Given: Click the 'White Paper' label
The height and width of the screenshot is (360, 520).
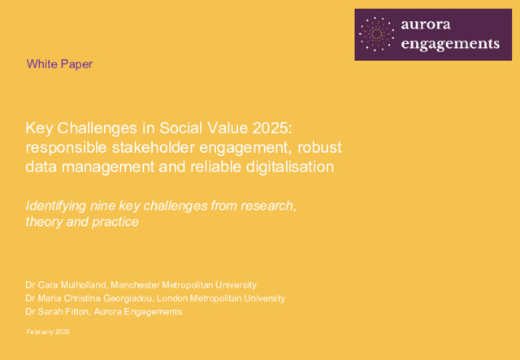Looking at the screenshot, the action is click(x=59, y=64).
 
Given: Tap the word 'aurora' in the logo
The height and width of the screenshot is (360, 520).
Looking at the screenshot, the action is click(x=426, y=24).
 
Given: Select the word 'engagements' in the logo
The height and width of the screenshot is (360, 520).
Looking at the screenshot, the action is click(x=450, y=44).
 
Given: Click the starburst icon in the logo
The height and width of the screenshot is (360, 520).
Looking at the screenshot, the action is click(x=376, y=34).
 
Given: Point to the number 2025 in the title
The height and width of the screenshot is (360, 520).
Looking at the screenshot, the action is click(x=273, y=128).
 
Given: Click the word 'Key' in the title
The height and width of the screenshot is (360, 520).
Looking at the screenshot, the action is click(x=39, y=129).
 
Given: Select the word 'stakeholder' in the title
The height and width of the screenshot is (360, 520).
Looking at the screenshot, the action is click(x=154, y=148).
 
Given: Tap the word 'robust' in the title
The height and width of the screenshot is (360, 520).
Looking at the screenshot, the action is click(x=319, y=148).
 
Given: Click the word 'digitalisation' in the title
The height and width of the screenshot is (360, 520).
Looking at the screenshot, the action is click(x=290, y=167).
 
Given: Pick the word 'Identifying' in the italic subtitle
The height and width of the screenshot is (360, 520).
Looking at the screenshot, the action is click(x=56, y=206).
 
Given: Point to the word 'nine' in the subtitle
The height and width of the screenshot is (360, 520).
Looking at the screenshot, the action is click(x=102, y=206).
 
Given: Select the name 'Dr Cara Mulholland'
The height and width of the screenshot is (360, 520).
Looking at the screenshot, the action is click(x=66, y=285).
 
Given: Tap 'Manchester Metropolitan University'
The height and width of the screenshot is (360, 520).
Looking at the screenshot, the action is click(x=184, y=285).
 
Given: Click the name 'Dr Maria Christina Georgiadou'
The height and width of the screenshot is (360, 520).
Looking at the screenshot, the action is click(x=89, y=298).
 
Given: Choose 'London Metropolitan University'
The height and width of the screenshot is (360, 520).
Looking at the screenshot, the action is click(x=221, y=298).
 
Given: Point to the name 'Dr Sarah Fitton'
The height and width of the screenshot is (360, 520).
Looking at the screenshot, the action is click(x=58, y=312).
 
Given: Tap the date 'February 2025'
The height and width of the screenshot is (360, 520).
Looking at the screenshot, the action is click(x=48, y=332).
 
